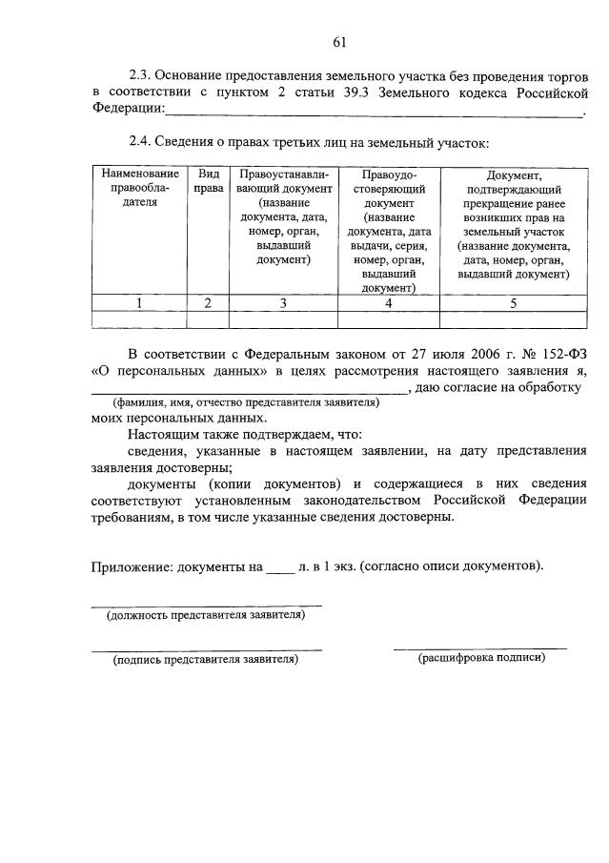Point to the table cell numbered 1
pyautogui.click(x=139, y=303)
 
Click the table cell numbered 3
pyautogui.click(x=283, y=303)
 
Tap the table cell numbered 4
pyautogui.click(x=388, y=303)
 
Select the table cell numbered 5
pyautogui.click(x=513, y=303)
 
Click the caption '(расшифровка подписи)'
pyautogui.click(x=481, y=658)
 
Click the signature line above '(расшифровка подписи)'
pyautogui.click(x=480, y=648)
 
